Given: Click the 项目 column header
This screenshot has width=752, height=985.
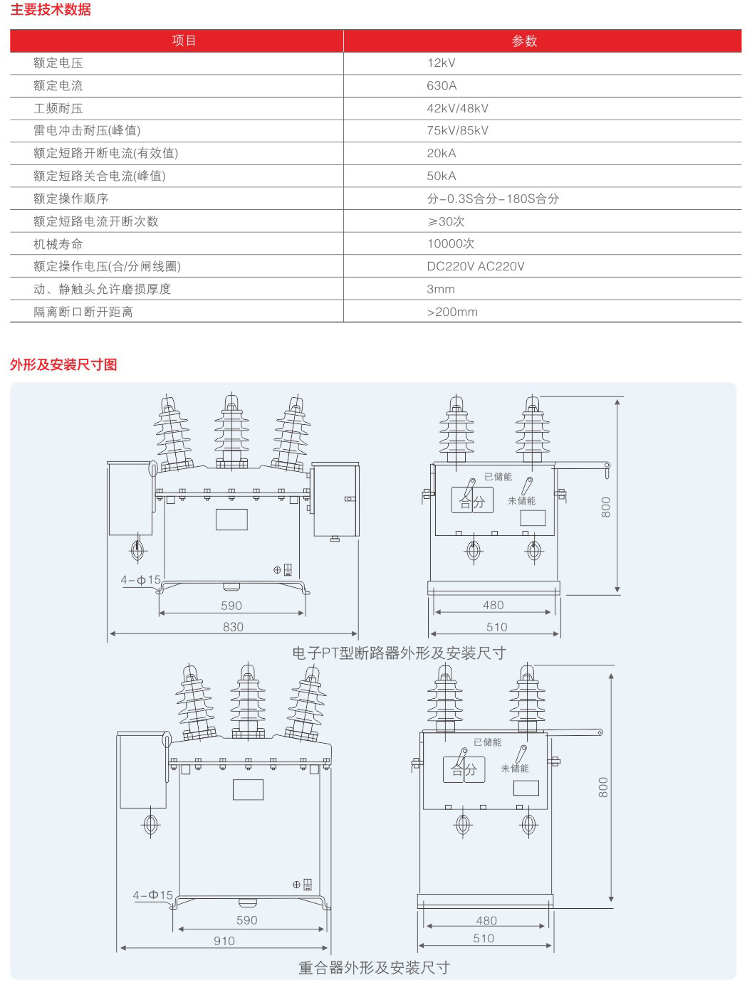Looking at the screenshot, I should [x=184, y=41].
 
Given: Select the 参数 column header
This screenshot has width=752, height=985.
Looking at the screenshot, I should [x=524, y=41].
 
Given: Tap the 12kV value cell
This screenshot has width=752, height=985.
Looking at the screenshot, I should [x=441, y=63].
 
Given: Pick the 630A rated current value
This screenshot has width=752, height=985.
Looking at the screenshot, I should [x=442, y=85].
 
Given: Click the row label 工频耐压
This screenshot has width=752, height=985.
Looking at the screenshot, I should [x=58, y=108].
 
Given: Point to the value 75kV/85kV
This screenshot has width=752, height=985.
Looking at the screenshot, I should [x=457, y=130].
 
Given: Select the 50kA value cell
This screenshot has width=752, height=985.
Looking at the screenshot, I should [x=442, y=176].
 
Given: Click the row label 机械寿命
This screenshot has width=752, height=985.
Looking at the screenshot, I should [x=58, y=244].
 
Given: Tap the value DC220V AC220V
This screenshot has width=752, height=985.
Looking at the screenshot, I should [x=475, y=266].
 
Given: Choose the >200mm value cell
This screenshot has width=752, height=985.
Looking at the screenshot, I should [x=452, y=312].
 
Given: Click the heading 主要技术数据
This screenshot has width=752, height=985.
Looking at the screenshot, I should [x=50, y=10].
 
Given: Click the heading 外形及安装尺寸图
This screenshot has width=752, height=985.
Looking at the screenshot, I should [x=63, y=364].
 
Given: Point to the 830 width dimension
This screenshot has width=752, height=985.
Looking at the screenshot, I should [x=233, y=627].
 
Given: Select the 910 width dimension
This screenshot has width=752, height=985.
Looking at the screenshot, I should [x=224, y=941].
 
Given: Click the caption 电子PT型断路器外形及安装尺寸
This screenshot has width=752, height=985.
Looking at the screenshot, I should [x=399, y=653].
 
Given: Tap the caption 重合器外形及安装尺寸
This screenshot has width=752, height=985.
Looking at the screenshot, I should [x=374, y=968].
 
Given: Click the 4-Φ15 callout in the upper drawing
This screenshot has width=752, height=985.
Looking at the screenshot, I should [x=141, y=580].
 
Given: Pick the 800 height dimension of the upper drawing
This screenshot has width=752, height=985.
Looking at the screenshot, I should [x=606, y=507].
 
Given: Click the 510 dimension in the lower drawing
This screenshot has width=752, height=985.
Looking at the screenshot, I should [x=484, y=938].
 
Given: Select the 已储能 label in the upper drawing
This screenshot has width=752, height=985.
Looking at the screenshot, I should [x=498, y=477].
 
